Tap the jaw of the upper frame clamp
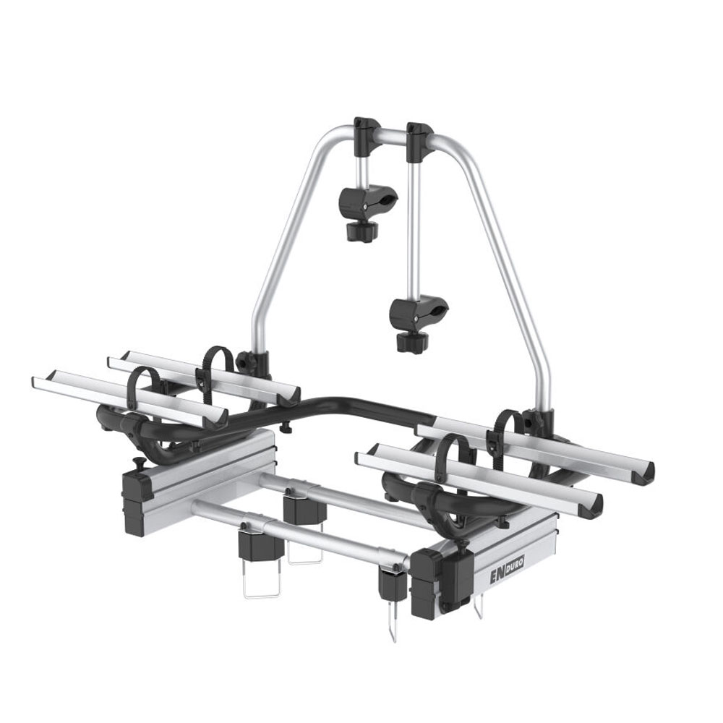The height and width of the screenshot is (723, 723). pos(369,200)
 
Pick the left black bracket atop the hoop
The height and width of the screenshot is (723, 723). pos(367,137)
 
